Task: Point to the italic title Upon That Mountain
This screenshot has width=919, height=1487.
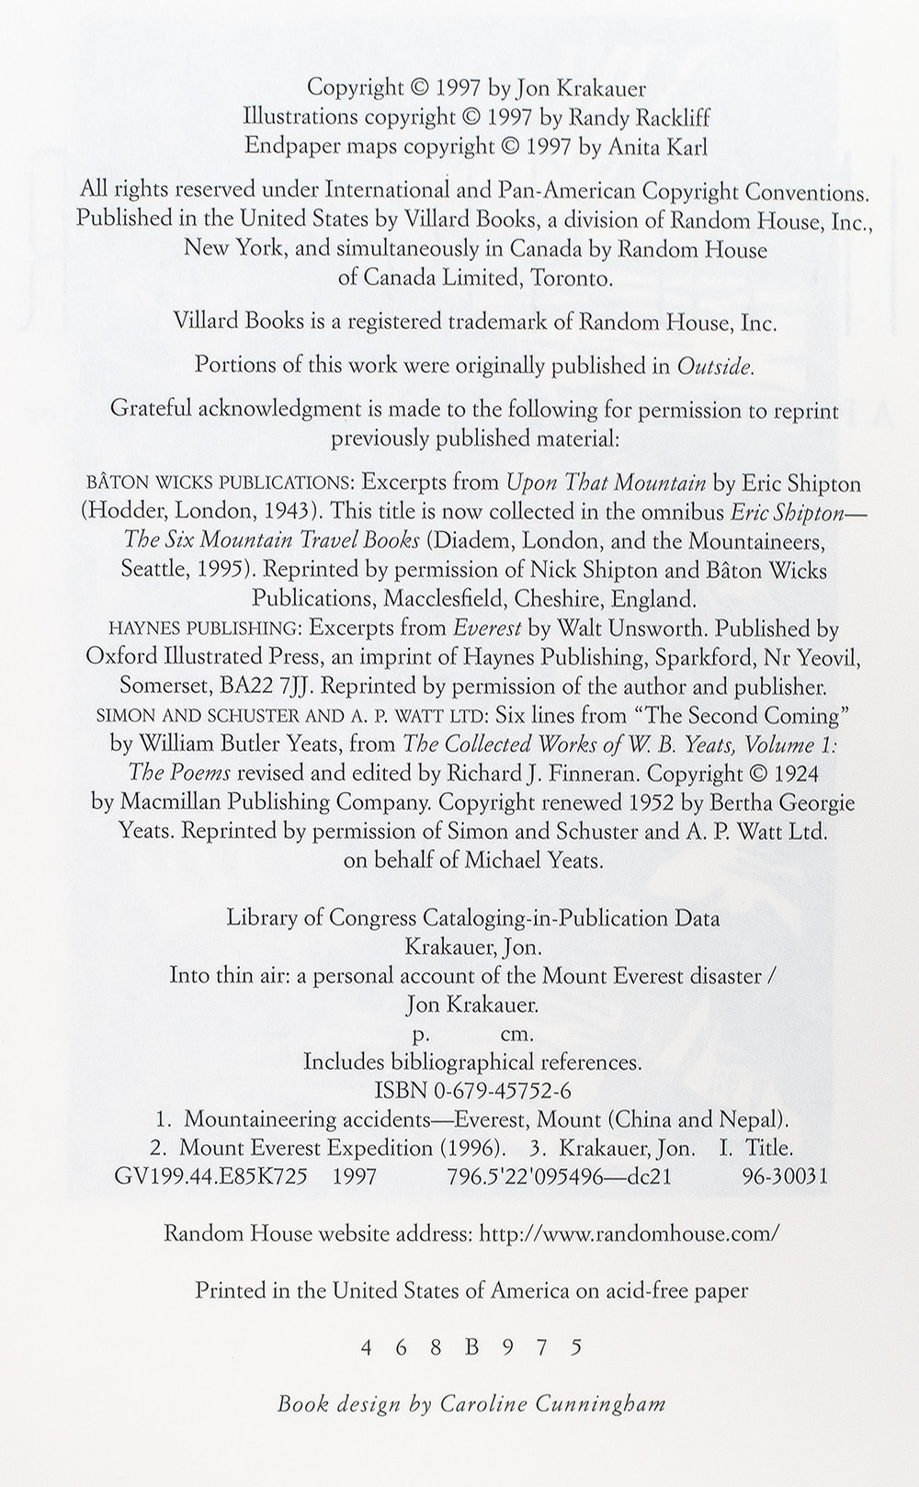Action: click(x=606, y=482)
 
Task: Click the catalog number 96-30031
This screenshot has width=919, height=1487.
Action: click(x=785, y=1176)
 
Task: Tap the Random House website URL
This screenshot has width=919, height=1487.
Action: click(x=630, y=1233)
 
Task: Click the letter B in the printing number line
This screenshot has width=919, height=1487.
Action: click(x=472, y=1348)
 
